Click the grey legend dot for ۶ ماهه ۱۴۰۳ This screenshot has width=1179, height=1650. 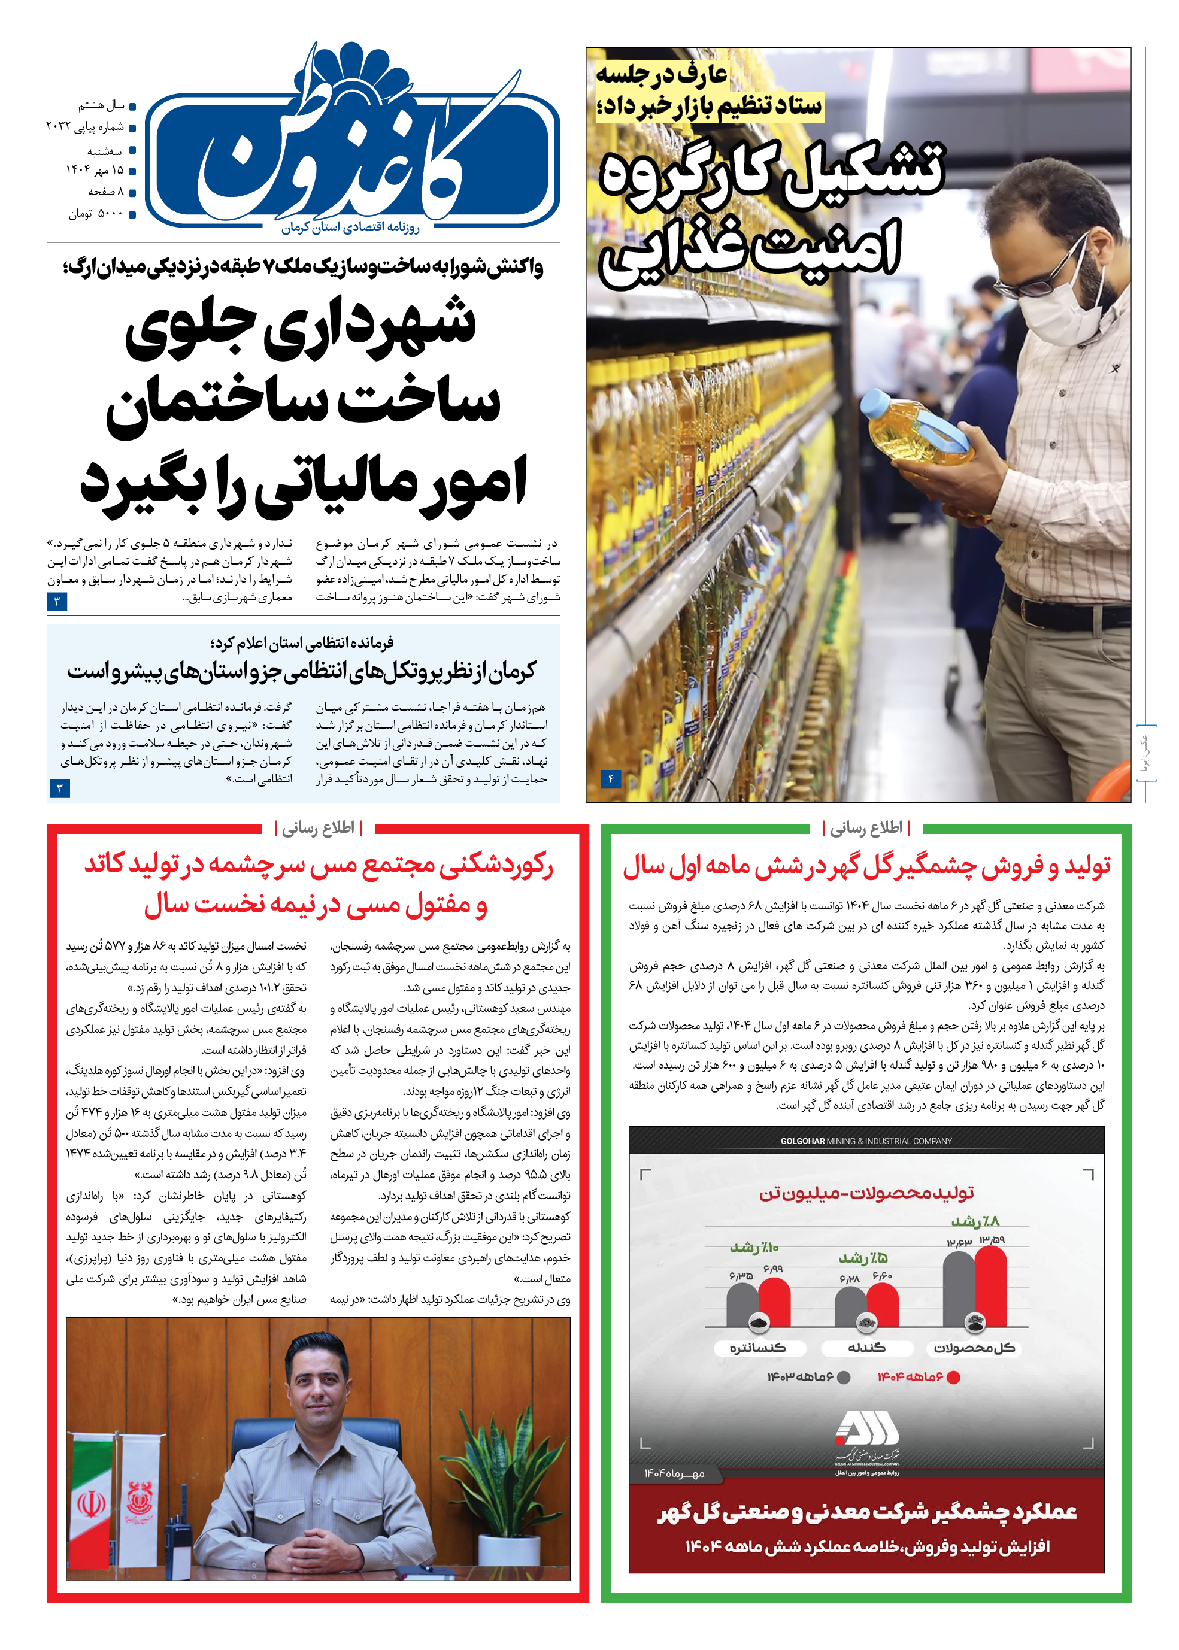844,1377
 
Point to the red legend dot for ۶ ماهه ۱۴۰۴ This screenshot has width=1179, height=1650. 954,1377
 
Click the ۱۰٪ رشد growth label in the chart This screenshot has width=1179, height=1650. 754,1248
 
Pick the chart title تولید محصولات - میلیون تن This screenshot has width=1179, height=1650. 866,1193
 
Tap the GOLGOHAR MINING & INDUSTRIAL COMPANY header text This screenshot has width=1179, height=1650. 866,1141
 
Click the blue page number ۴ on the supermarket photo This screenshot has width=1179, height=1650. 611,779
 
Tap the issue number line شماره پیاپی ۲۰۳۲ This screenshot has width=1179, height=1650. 85,127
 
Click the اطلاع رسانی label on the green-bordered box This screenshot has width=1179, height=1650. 866,827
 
